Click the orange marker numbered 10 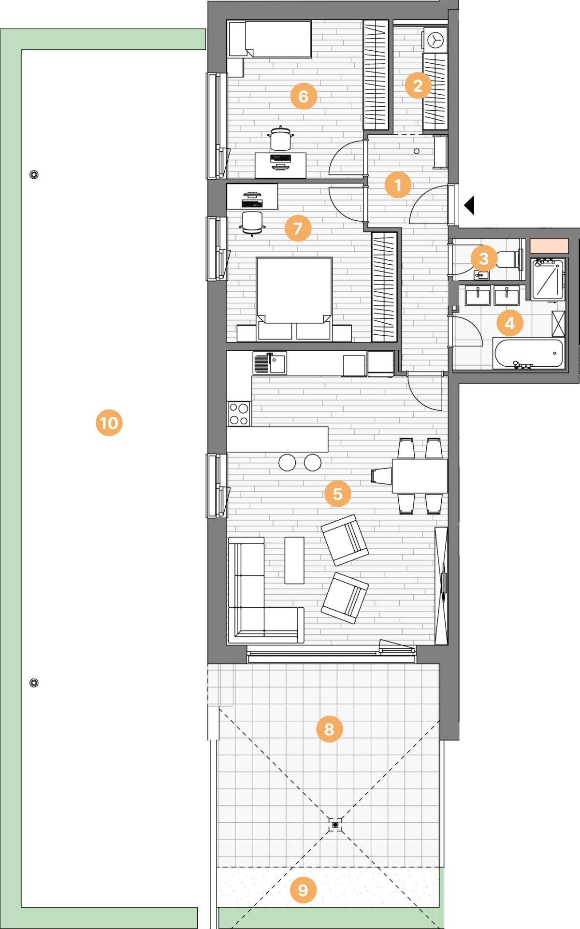click(109, 423)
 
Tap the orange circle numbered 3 click(484, 258)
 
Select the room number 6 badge click(304, 96)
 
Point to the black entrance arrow click(469, 205)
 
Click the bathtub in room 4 click(529, 354)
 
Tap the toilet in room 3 click(507, 259)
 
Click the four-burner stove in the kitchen click(239, 414)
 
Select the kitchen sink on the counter click(270, 363)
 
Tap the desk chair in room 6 click(280, 139)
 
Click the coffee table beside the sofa click(294, 560)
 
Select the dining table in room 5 click(420, 476)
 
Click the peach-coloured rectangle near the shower click(549, 246)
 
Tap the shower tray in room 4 click(548, 279)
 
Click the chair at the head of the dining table click(381, 476)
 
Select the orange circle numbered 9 click(303, 890)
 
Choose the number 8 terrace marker click(329, 729)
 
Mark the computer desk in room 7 click(252, 197)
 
